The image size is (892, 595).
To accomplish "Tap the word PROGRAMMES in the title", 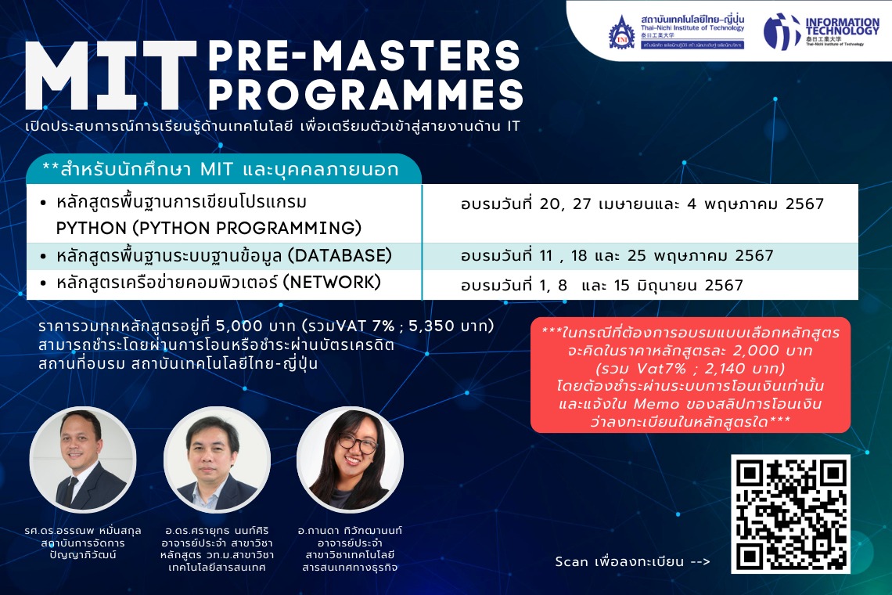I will tap(365, 95).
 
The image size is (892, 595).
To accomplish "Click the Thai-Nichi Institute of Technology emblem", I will tap(622, 31).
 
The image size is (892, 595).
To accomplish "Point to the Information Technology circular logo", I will tap(782, 31).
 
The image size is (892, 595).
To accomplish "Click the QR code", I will tap(790, 514).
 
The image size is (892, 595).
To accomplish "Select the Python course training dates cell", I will tap(642, 204).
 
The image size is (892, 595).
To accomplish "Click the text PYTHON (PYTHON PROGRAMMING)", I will tap(209, 229).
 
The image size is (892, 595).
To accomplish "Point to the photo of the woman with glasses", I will tap(350, 459).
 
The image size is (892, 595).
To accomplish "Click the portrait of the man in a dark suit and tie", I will tap(82, 459).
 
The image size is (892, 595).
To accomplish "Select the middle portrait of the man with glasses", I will tap(216, 459).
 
